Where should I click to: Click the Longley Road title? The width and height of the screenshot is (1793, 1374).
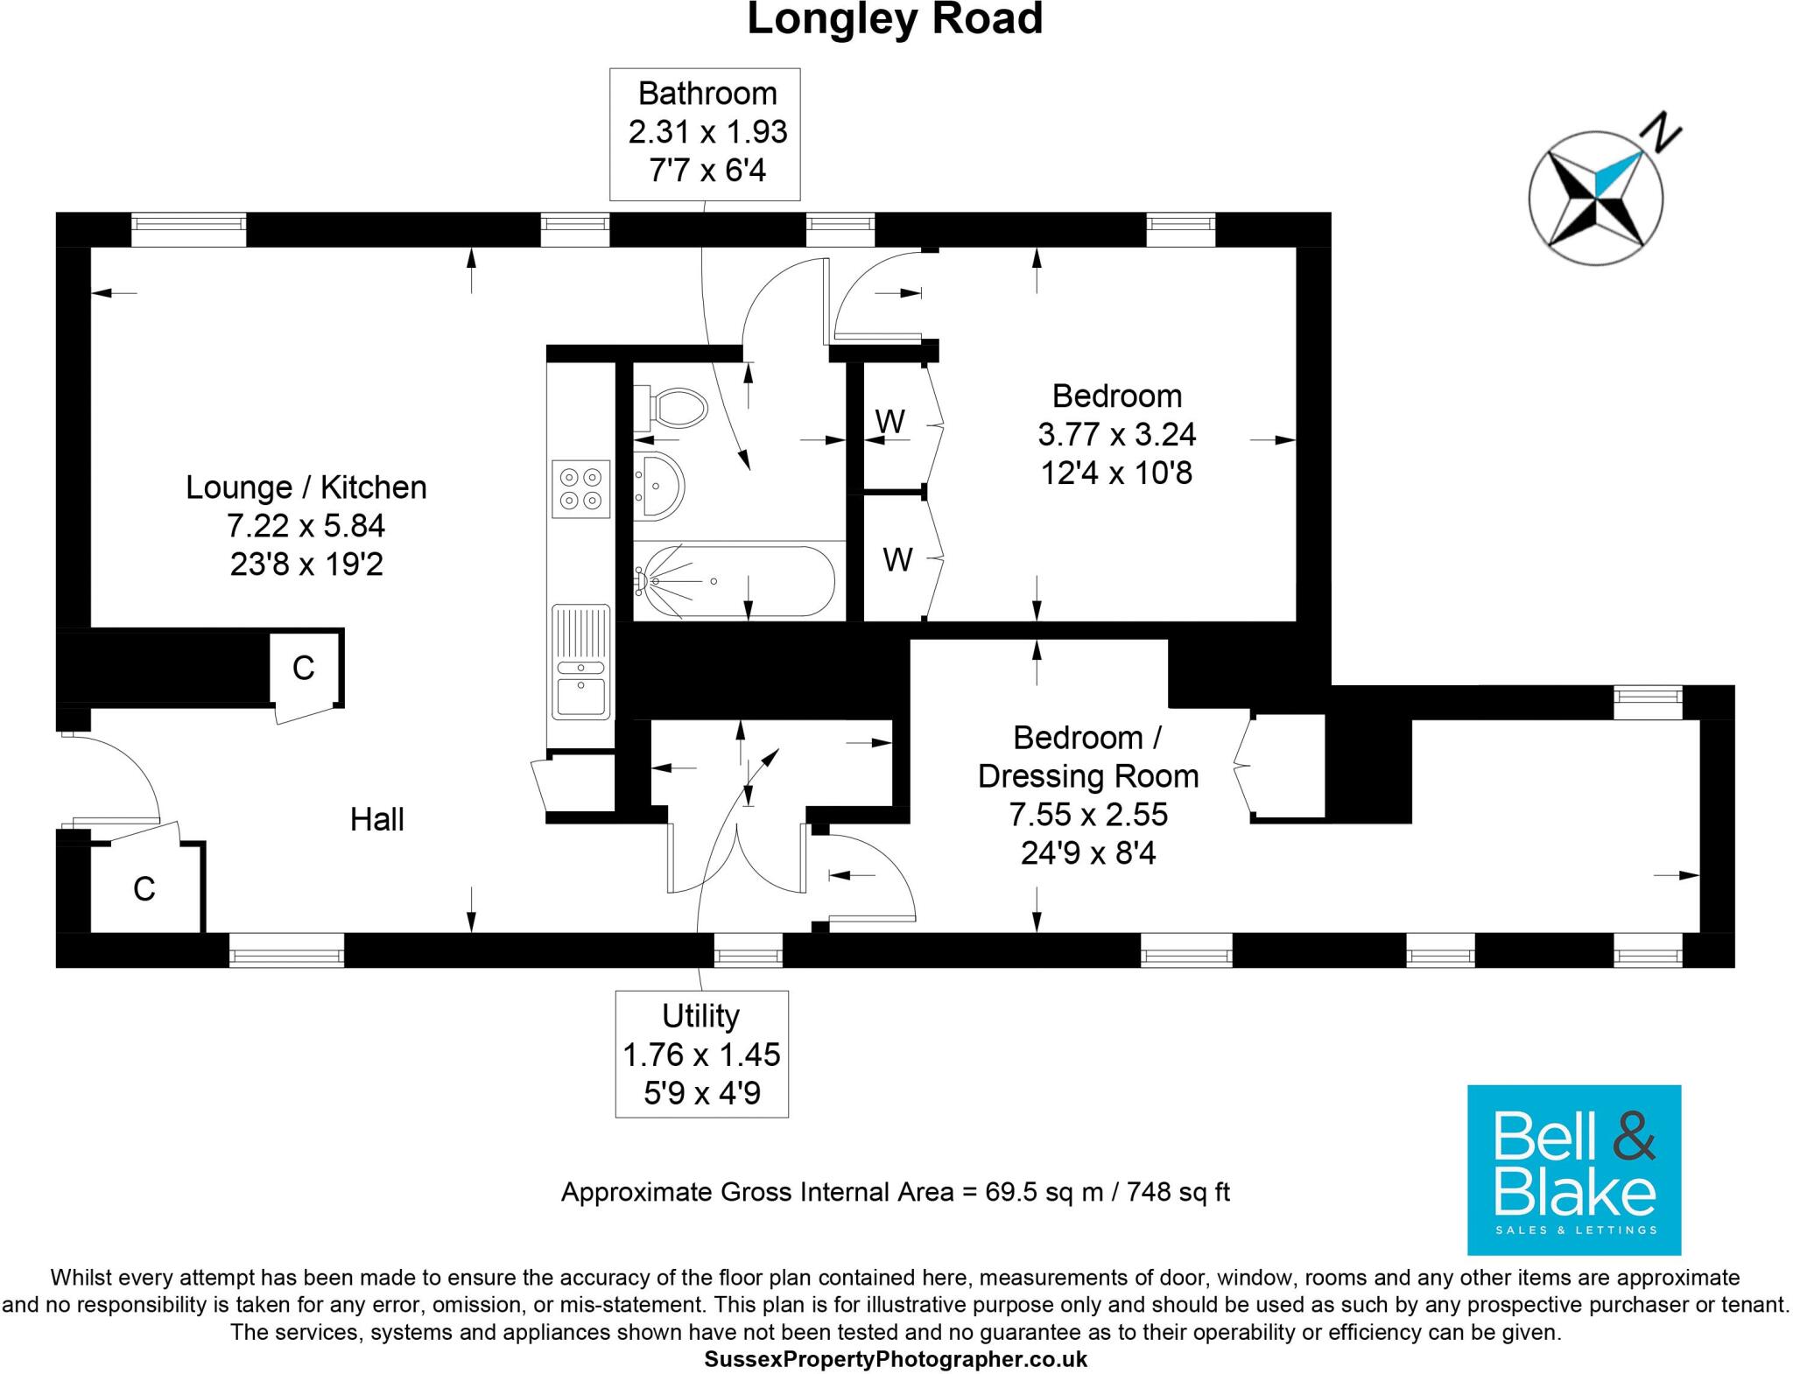(x=895, y=19)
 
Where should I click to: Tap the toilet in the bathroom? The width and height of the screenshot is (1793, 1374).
(x=675, y=408)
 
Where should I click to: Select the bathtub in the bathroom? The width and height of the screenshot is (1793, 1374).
(x=734, y=581)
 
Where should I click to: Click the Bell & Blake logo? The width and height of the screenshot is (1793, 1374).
(x=1573, y=1169)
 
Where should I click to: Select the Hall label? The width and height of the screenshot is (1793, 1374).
(x=376, y=820)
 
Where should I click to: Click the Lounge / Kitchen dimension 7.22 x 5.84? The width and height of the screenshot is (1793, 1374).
(x=306, y=526)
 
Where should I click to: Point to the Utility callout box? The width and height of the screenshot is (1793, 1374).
(x=701, y=1054)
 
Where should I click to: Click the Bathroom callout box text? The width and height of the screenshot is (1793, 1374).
(x=707, y=132)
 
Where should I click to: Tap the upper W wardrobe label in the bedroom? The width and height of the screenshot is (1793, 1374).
(x=890, y=422)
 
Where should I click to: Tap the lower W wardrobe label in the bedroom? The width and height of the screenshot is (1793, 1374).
(x=897, y=559)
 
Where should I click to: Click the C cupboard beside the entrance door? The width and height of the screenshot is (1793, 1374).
(x=144, y=889)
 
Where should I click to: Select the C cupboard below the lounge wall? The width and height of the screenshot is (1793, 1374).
(x=303, y=669)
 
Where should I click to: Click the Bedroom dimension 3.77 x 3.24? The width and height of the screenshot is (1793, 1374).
(x=1116, y=434)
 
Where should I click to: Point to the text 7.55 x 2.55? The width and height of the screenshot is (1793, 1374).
(x=1087, y=815)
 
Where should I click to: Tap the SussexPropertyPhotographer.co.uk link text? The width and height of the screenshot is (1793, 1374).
(x=896, y=1359)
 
